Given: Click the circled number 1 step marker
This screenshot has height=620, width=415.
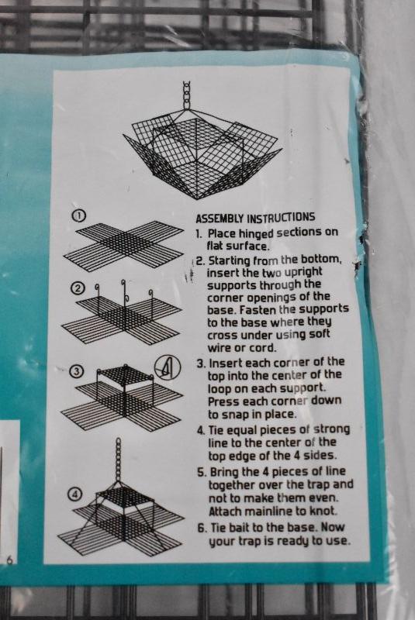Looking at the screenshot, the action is pyautogui.click(x=79, y=216).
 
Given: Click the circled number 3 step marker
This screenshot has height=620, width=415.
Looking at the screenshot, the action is pyautogui.click(x=76, y=372).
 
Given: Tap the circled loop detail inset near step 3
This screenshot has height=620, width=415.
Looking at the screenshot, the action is pyautogui.click(x=168, y=367).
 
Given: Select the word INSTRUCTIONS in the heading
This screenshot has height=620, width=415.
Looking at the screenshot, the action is pyautogui.click(x=281, y=218).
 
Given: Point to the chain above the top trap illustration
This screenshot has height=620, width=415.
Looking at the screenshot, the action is pyautogui.click(x=187, y=95).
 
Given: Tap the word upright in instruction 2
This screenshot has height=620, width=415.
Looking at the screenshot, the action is pyautogui.click(x=303, y=273).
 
